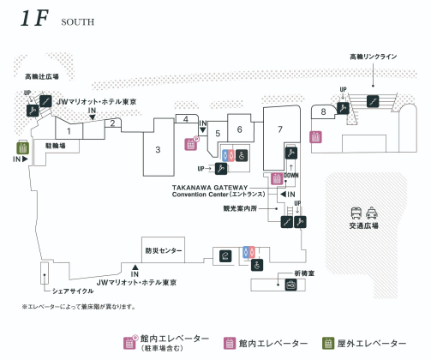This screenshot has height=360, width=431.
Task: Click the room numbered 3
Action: pyautogui.click(x=159, y=149)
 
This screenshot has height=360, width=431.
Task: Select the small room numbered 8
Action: pyautogui.click(x=323, y=111)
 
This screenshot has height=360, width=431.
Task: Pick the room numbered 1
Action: pyautogui.click(x=69, y=131)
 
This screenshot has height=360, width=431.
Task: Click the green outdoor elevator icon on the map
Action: pyautogui.click(x=22, y=147)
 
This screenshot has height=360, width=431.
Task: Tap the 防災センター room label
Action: pyautogui.click(x=164, y=250)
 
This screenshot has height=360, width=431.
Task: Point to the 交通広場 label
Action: pyautogui.click(x=364, y=225)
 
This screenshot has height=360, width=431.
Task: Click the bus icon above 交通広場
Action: pyautogui.click(x=356, y=213)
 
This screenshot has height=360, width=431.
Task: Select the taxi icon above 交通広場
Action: pyautogui.click(x=372, y=213)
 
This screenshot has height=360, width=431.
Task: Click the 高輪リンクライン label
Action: pyautogui.click(x=374, y=57)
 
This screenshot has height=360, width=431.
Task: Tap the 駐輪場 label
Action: pyautogui.click(x=56, y=146)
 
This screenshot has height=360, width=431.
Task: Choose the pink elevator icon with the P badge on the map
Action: pyautogui.click(x=191, y=143)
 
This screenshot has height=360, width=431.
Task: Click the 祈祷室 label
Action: pyautogui.click(x=304, y=273)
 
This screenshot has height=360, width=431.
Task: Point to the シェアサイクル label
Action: pyautogui.click(x=73, y=291)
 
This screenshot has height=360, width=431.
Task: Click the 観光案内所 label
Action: pyautogui.click(x=240, y=208)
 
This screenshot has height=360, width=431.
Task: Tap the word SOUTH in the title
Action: pyautogui.click(x=78, y=22)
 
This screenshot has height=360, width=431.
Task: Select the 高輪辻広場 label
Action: pyautogui.click(x=42, y=76)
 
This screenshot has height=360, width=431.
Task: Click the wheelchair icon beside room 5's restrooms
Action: pyautogui.click(x=242, y=156)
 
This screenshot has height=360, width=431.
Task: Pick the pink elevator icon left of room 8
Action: pyautogui.click(x=315, y=137)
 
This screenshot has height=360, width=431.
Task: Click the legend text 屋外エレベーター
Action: pyautogui.click(x=372, y=343)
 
